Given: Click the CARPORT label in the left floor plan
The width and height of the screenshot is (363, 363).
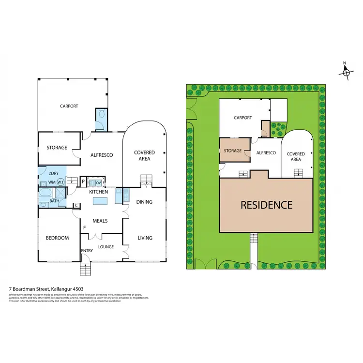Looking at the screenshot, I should click(x=69, y=106).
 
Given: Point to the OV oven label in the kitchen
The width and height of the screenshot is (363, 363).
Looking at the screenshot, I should click(x=98, y=182).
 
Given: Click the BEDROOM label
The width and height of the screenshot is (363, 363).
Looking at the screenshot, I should click(x=57, y=238).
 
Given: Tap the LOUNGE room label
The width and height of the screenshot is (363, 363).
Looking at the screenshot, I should click(x=106, y=247).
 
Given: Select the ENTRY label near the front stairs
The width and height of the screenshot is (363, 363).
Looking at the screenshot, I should click(x=87, y=250).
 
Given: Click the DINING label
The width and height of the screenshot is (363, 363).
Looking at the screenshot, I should click(x=144, y=202).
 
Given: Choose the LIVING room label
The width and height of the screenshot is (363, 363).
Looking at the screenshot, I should click(x=145, y=238).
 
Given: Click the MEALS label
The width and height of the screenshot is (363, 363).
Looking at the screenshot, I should click(x=100, y=221).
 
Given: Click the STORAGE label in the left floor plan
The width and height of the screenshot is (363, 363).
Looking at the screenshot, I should click(x=56, y=148).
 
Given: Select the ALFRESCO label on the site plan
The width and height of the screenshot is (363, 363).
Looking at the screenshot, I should click(x=266, y=153).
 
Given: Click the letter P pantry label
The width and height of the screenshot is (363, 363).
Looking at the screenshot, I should click(x=83, y=182).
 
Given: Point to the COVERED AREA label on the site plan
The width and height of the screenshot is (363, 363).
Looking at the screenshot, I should click(x=296, y=156).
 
